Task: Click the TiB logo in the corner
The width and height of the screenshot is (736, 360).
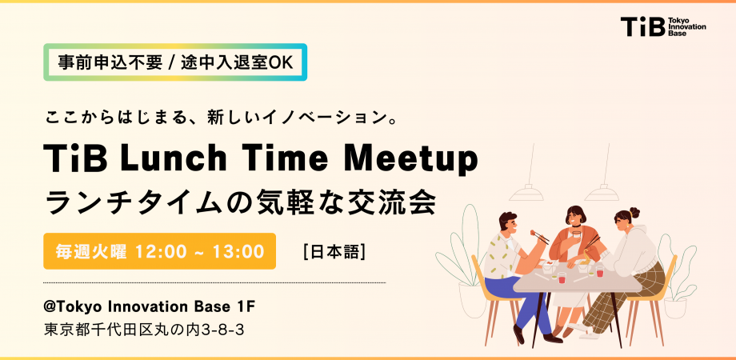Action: click(662, 26)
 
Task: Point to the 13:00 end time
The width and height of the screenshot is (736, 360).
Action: click(238, 251)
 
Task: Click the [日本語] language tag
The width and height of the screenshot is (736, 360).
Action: click(334, 252)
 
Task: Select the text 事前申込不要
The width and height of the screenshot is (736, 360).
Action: click(110, 63)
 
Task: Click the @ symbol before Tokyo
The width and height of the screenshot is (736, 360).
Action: click(50, 307)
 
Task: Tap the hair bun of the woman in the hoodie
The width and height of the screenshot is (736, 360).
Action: click(634, 212)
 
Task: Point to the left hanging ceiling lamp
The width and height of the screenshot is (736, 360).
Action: click(526, 191)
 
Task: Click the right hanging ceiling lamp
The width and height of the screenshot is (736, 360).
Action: click(602, 191)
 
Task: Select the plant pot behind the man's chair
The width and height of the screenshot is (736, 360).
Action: click(473, 300)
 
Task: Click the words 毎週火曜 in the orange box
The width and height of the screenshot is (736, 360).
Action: click(91, 251)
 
